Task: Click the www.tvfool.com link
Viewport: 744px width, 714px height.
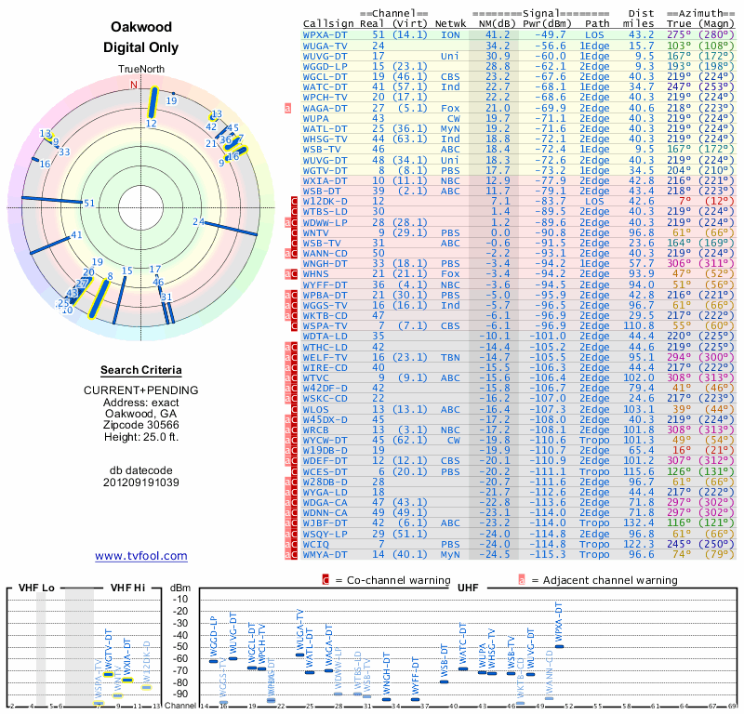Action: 141,556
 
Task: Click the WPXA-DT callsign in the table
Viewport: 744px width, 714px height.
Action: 326,34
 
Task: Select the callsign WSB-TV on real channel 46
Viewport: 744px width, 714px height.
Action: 322,148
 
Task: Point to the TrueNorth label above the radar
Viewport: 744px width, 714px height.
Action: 140,71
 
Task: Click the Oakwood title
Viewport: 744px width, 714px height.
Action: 140,28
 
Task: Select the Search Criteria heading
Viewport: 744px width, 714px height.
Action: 141,370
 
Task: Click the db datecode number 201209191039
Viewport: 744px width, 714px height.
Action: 141,483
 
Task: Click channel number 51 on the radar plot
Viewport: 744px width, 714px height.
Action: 89,203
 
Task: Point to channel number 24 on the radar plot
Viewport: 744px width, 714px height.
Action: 198,221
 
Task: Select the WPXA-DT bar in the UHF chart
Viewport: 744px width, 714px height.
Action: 559,647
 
